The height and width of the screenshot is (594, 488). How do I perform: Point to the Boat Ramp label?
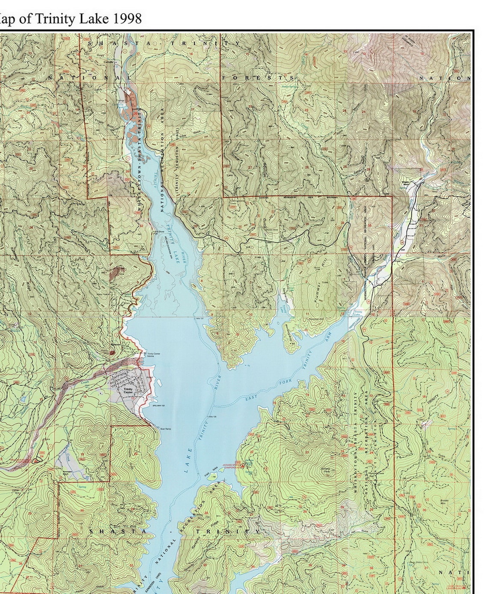(165, 429)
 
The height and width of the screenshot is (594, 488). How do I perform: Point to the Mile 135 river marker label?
(213, 416)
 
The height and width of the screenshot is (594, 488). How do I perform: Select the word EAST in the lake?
(251, 399)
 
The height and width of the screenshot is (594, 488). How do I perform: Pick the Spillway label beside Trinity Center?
(159, 406)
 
